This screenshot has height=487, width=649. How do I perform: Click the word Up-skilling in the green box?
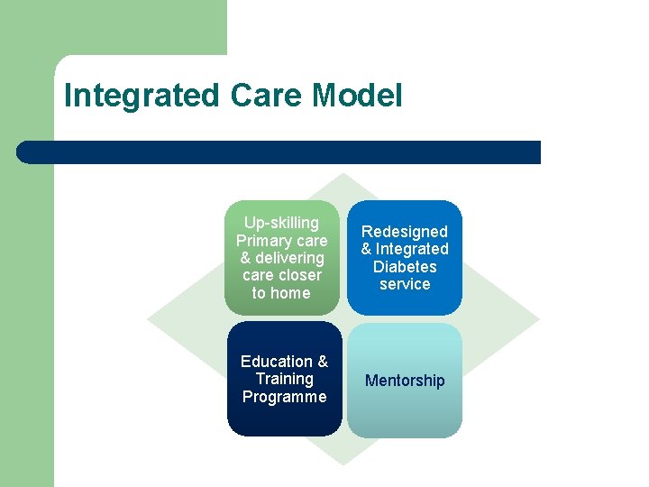point(282,223)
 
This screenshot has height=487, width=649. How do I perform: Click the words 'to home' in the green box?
point(281,293)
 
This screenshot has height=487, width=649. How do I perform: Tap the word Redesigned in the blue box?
point(405,232)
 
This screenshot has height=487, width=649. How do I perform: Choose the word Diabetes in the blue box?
point(405,267)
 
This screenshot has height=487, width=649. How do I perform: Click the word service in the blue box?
point(405,284)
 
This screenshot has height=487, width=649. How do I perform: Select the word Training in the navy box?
point(285,379)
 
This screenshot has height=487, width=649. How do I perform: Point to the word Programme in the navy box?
point(285,397)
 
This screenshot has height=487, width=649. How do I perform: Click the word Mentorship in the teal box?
point(405,381)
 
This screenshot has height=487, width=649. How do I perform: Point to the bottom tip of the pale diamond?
point(343,463)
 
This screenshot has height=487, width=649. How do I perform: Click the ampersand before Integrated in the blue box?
point(367,250)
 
